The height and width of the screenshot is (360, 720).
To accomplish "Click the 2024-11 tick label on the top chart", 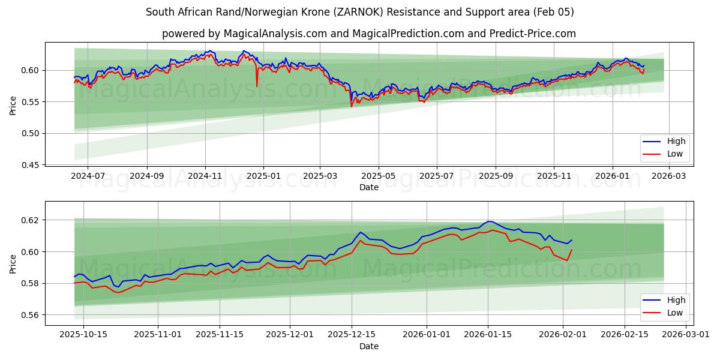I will click(205, 176).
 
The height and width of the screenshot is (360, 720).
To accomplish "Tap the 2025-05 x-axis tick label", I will click(379, 176).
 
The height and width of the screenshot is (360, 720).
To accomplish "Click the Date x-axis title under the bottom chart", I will click(369, 346).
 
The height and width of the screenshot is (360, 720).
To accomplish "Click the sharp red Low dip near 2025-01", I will click(257, 86).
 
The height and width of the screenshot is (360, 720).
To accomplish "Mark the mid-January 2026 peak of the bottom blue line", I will click(489, 221).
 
